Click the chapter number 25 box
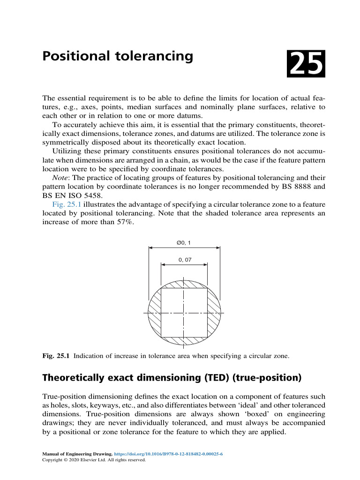coord(306,65)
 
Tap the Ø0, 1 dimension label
coord(183,242)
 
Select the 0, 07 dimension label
coord(185,259)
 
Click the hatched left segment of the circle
coord(154,313)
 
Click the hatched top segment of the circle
coord(184,284)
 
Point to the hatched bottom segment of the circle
coord(184,341)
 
